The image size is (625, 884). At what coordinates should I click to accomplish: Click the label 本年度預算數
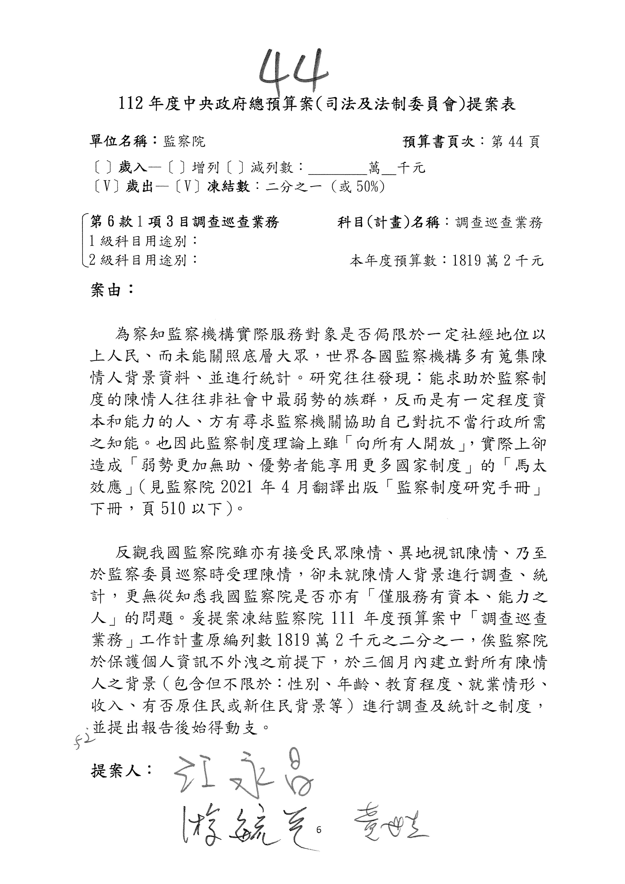pyautogui.click(x=393, y=261)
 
